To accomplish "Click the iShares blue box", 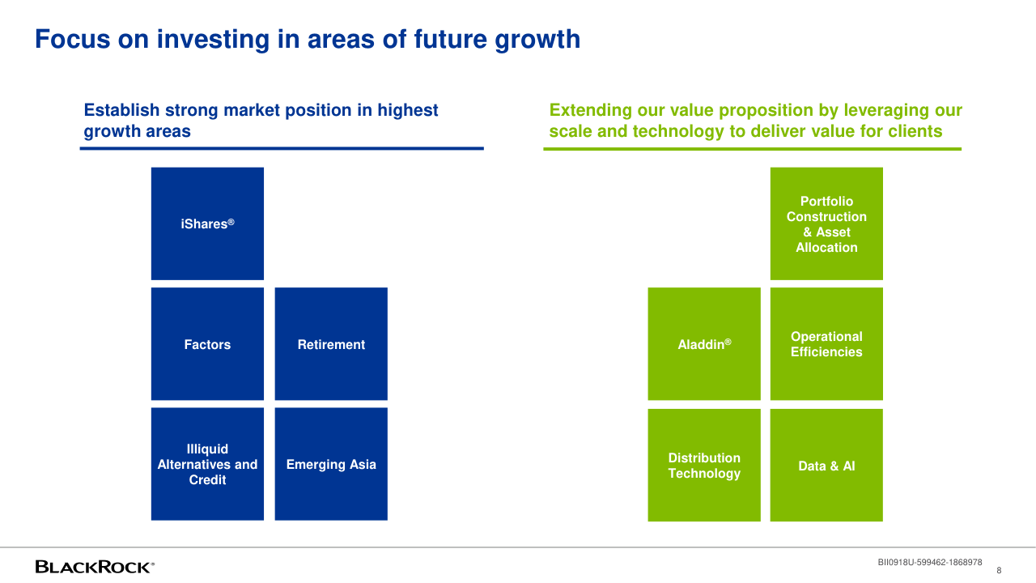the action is (208, 223).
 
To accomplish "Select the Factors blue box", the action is (208, 344).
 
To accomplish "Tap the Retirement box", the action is (331, 344).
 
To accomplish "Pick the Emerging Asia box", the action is (331, 464).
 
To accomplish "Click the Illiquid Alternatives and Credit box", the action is (208, 464).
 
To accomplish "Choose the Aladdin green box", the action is (704, 344).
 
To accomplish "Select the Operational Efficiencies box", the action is (826, 344).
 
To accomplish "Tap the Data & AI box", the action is (826, 465).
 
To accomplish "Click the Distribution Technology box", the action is (704, 465).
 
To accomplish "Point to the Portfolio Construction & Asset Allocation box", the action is (826, 223).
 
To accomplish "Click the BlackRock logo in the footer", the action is (95, 567).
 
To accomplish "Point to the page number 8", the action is (999, 571).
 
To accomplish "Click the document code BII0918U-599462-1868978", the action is (930, 562).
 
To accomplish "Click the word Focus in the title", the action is (73, 39).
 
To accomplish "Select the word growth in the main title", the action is (537, 40).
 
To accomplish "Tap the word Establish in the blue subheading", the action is (121, 110).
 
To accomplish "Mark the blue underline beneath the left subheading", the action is (282, 148).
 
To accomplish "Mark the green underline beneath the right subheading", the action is (753, 149).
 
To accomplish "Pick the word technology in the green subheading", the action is (678, 132).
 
